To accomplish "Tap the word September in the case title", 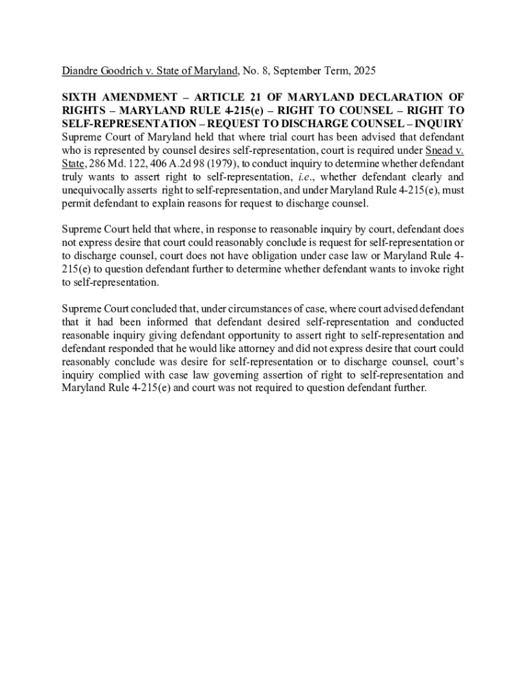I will pos(296,70).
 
